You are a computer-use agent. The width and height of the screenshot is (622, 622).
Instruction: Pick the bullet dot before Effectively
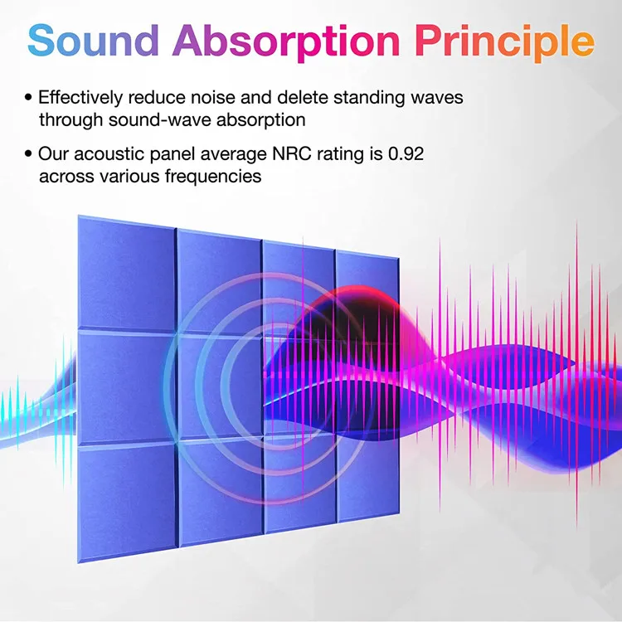pyautogui.click(x=29, y=98)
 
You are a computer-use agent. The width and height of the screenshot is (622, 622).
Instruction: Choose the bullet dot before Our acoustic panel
pyautogui.click(x=29, y=154)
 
